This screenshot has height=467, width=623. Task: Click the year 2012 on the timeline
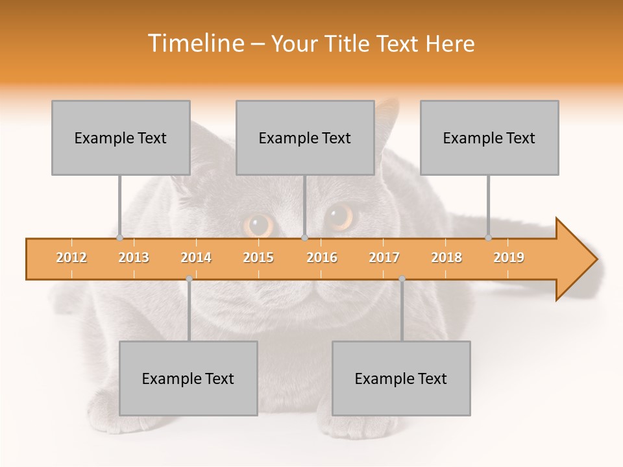(x=71, y=257)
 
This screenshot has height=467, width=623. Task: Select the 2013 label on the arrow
(x=134, y=257)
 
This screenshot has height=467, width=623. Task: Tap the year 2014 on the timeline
(x=196, y=257)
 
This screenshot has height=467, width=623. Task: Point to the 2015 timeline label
(x=258, y=257)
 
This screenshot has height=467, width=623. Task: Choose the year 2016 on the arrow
(x=322, y=257)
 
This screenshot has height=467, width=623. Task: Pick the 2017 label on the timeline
(x=384, y=257)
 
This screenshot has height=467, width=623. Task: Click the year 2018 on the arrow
(x=446, y=257)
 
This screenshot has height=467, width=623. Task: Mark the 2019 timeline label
(x=509, y=257)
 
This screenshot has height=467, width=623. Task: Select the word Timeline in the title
(x=195, y=43)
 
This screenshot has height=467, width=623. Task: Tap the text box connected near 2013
(x=121, y=138)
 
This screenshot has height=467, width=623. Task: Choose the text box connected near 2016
(x=305, y=138)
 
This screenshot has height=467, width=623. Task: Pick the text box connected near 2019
(x=489, y=138)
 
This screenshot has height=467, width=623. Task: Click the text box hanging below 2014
(x=188, y=378)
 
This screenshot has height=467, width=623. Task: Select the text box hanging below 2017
(x=401, y=378)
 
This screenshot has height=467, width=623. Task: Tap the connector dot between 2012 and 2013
(x=120, y=238)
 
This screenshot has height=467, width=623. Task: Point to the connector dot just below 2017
(x=402, y=278)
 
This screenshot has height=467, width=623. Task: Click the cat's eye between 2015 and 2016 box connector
(x=259, y=224)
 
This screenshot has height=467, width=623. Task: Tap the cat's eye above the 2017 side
(x=339, y=216)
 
